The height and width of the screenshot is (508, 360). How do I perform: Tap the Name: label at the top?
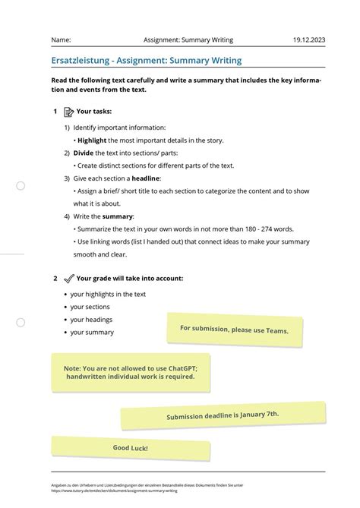61,39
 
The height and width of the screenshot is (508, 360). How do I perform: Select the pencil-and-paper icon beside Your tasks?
69,112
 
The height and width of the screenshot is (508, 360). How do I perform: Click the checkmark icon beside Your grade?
69,279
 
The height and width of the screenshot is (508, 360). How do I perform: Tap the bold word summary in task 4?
117,216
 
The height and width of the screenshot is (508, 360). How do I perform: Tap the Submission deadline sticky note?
223,415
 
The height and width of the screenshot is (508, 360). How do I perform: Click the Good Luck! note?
131,448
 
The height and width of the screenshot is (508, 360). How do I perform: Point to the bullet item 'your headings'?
91,320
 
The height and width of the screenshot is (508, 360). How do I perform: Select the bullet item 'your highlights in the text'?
108,294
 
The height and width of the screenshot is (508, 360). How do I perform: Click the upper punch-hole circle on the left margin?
21,186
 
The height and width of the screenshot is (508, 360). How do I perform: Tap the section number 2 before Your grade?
55,279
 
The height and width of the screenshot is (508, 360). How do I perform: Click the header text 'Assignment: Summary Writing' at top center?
188,39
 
